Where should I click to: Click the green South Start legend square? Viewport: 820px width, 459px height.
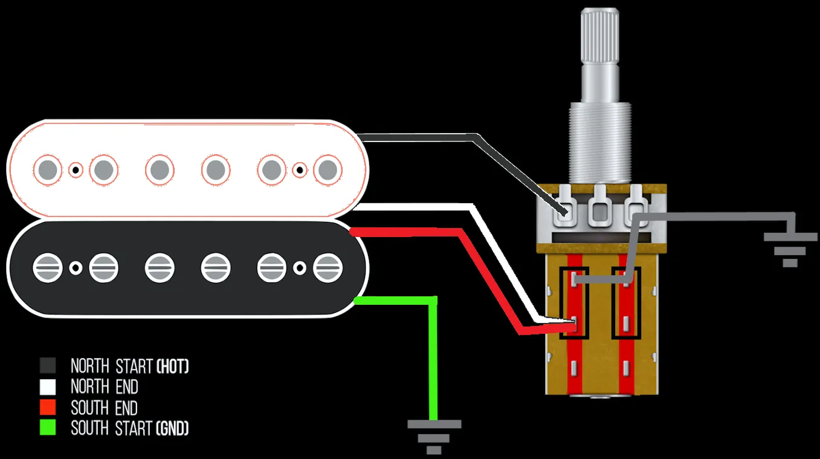[48, 428]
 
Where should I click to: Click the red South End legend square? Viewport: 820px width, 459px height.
[48, 407]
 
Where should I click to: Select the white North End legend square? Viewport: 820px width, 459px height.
[48, 386]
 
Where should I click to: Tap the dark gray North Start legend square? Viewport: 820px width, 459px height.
[48, 365]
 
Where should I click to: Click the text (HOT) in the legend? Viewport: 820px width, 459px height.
[172, 366]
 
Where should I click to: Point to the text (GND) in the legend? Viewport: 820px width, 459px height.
[172, 429]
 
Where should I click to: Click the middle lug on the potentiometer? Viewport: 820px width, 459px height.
[601, 209]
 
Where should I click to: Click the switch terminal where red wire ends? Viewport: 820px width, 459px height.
[573, 327]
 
